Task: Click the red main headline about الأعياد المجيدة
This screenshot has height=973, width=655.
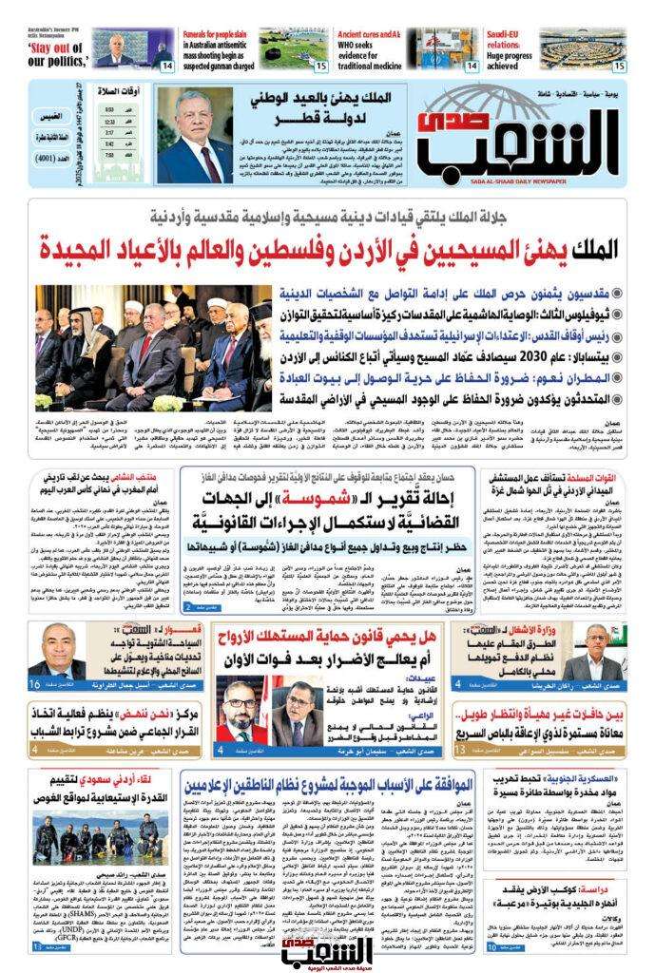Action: (x=327, y=249)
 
